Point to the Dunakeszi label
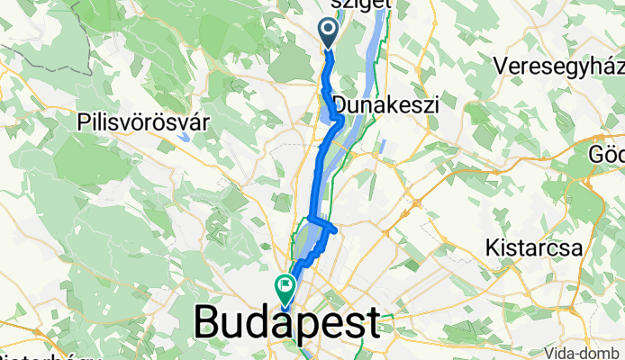pos(385,103)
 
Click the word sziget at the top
pos(363,4)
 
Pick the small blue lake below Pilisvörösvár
pos(184,138)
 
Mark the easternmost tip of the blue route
pos(336,230)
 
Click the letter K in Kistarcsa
pos(492,246)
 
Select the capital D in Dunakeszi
pos(340,103)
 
